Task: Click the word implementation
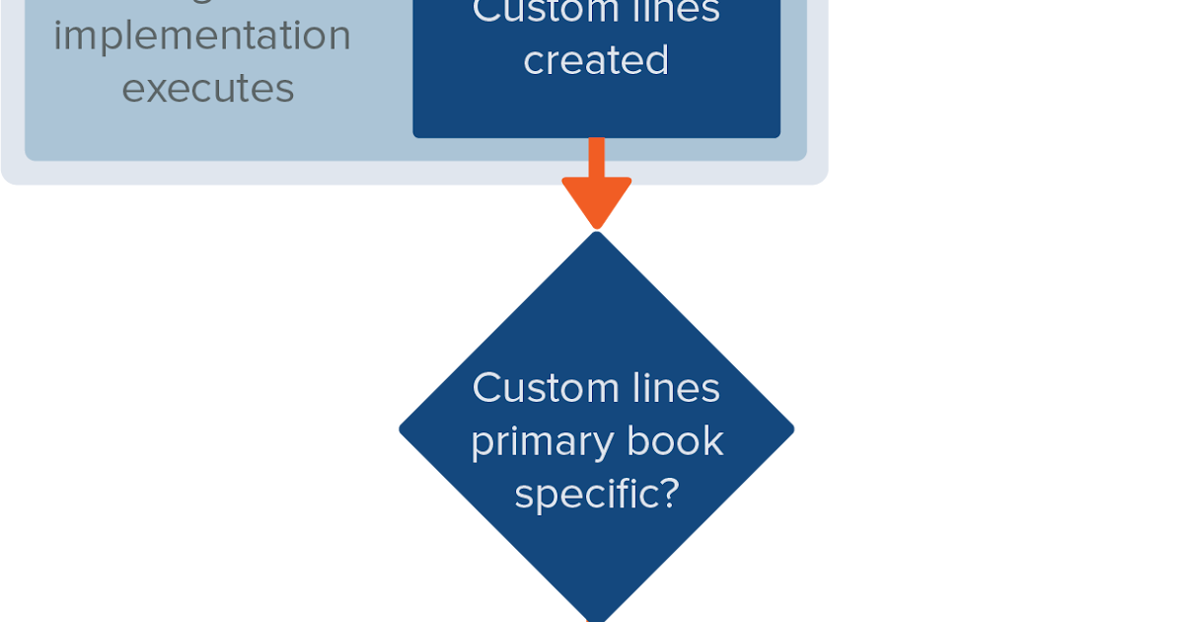pos(202,37)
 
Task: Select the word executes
pos(208,88)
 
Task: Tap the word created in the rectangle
pos(596,61)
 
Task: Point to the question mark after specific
pos(668,493)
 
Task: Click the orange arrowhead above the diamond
pos(596,202)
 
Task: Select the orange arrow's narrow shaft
pos(596,158)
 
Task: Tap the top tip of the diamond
pos(596,234)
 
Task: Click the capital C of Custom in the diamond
pos(485,388)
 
